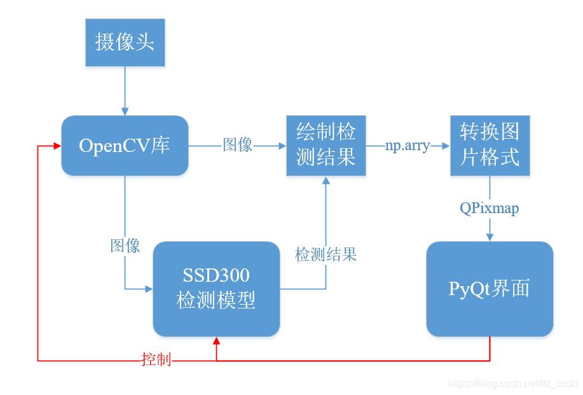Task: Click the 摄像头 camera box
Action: [125, 43]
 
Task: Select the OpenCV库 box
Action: [125, 145]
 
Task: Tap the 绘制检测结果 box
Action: [326, 145]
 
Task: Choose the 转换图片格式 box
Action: [490, 145]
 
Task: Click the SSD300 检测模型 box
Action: [216, 288]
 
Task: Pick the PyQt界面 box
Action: [490, 288]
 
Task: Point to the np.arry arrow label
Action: [408, 146]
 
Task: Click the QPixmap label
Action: [490, 208]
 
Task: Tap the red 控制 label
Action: [156, 361]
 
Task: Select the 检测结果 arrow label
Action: [326, 255]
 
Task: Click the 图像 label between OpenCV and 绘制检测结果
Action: [238, 145]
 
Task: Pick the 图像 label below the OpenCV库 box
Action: [125, 246]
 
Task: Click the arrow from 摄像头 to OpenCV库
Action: [125, 89]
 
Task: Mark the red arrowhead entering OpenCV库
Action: [57, 146]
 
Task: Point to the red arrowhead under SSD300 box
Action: [217, 342]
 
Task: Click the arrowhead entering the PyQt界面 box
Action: [490, 238]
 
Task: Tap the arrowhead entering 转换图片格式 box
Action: [446, 146]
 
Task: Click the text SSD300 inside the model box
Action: [216, 276]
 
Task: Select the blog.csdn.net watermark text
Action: [512, 384]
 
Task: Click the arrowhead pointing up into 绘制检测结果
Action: [326, 181]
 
